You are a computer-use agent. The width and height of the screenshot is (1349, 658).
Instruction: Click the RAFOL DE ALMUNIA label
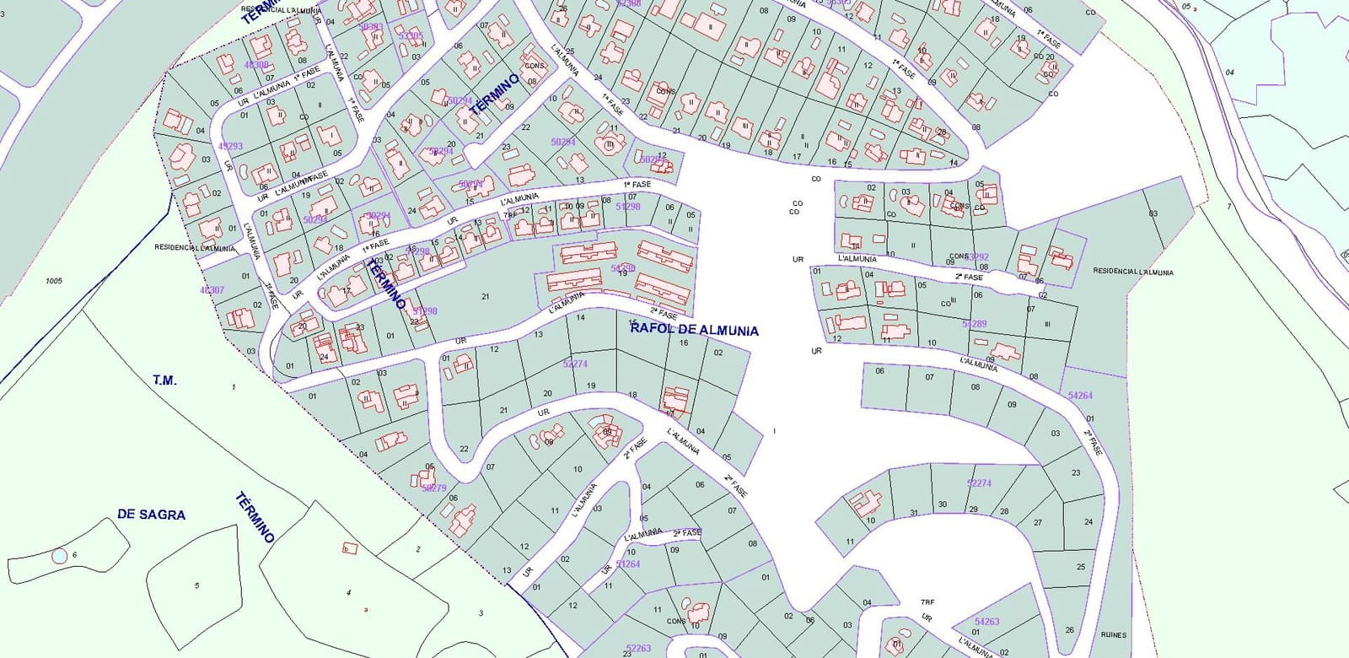pos(694,331)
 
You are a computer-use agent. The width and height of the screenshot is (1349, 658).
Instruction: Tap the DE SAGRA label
pos(152,515)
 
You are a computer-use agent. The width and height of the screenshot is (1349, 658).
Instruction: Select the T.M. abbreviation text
pos(165,380)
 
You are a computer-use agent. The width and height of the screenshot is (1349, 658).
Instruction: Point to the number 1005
pos(54,281)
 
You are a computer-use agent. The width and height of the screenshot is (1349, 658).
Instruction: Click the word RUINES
pos(1113,635)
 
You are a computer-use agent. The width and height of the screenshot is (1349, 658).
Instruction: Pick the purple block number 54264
pos(1080,396)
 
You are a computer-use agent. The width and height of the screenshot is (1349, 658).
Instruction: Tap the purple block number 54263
pos(986,622)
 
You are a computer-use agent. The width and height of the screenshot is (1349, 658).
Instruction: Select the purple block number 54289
pos(974,324)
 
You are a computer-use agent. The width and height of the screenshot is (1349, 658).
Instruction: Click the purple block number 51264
pos(628,564)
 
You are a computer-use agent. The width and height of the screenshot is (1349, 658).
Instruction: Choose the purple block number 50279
pos(433,488)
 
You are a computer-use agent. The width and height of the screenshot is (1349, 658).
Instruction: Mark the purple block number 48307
pos(212,290)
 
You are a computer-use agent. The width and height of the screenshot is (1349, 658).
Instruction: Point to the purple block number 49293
pos(230,146)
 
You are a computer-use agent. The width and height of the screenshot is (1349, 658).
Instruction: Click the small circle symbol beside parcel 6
pos(59,556)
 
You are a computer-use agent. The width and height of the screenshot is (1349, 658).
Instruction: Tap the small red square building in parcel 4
pos(350,548)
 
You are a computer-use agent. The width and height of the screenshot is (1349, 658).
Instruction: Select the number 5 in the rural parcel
pos(196,585)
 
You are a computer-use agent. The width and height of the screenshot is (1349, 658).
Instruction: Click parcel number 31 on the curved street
pos(914,513)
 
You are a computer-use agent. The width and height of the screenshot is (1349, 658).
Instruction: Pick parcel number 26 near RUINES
pos(1069,630)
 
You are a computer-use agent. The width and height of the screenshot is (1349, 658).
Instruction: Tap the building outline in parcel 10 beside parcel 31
pos(863,504)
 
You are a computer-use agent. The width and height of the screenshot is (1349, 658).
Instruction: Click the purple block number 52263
pos(638,648)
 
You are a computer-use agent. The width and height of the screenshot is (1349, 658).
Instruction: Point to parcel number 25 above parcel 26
pos(1081,567)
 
